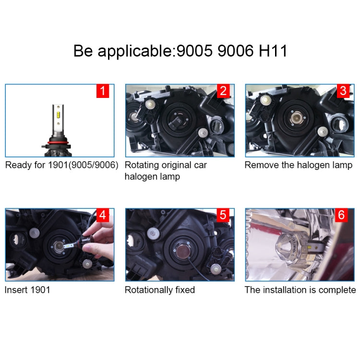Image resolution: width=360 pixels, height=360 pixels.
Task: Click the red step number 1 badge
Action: coord(103,91)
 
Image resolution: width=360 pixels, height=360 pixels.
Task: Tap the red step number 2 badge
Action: coord(223,91)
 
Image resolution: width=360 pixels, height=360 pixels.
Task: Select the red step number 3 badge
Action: coord(342,91)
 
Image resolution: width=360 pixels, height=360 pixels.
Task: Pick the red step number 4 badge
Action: coord(103,215)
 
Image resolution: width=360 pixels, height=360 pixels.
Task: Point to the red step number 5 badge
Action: coord(223,215)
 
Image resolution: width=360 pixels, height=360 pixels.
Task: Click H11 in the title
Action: coord(273,51)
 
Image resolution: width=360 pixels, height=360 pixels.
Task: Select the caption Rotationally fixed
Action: coord(160,290)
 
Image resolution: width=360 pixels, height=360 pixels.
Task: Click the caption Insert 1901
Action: coord(27,290)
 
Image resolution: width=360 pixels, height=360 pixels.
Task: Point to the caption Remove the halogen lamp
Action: coord(299,165)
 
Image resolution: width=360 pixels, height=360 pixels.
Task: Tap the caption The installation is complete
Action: coord(300,290)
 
